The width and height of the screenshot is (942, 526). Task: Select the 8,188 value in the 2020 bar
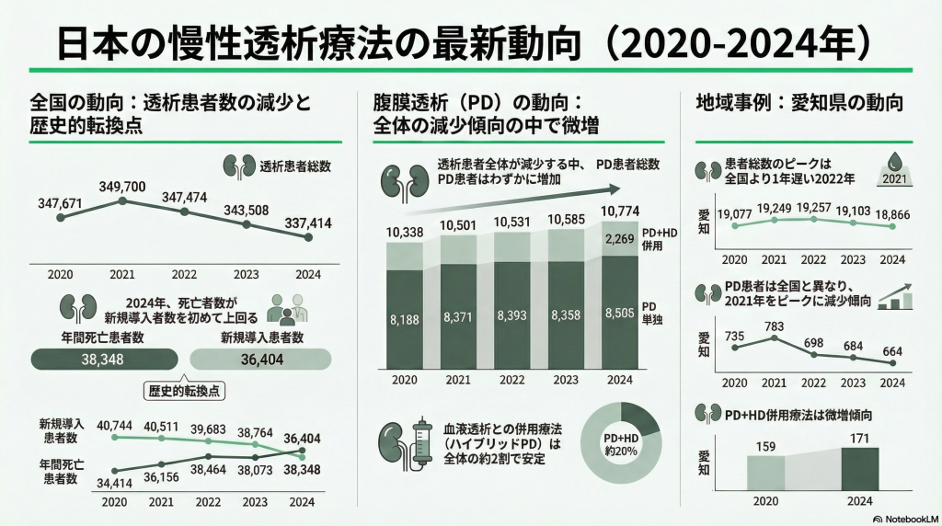pos(405,319)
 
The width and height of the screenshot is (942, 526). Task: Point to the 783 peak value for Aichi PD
pos(775,326)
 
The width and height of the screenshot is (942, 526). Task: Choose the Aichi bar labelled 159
pos(764,471)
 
